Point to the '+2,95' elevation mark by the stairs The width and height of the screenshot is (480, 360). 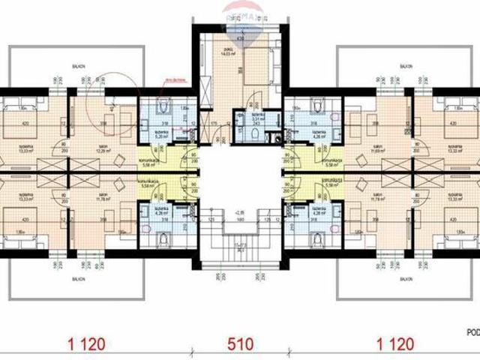(239, 212)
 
